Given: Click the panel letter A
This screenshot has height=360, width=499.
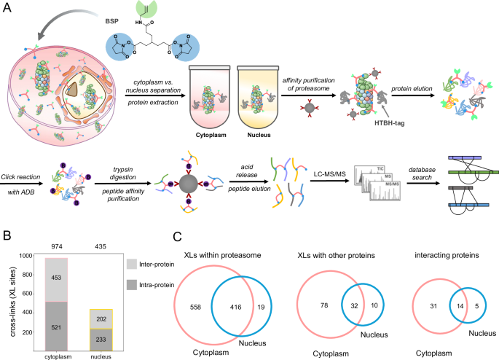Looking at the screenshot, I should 7,7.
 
